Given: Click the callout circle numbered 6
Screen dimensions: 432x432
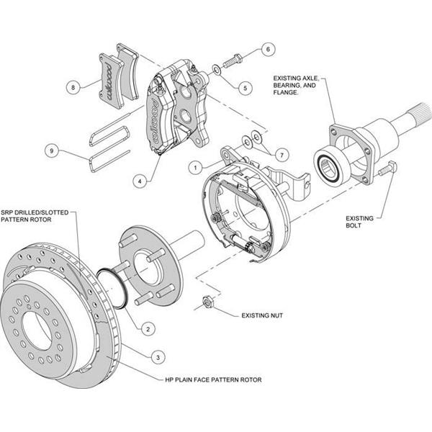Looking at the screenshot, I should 267,50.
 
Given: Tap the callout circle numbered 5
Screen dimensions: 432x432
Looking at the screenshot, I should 245,88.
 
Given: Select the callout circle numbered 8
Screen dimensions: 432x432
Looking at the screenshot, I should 73,88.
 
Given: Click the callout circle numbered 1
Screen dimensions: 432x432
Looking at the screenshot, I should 194,166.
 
